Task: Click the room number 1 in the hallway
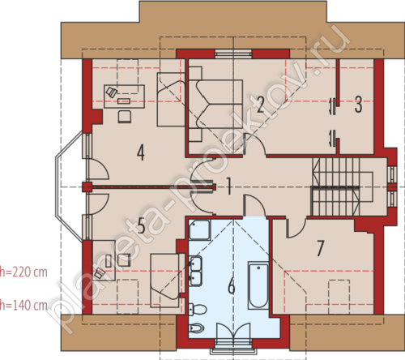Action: pyautogui.click(x=228, y=186)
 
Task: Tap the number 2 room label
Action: pyautogui.click(x=260, y=105)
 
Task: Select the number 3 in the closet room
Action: pyautogui.click(x=358, y=105)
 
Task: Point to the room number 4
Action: pyautogui.click(x=140, y=152)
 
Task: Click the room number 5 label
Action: pyautogui.click(x=141, y=225)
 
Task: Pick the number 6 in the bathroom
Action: pyautogui.click(x=232, y=285)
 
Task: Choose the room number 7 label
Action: pyautogui.click(x=320, y=248)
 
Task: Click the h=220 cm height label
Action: pyautogui.click(x=23, y=272)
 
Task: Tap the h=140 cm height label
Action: pyautogui.click(x=23, y=305)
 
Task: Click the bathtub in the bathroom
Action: pyautogui.click(x=258, y=285)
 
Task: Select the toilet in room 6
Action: pyautogui.click(x=198, y=309)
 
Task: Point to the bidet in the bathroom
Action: pyautogui.click(x=197, y=328)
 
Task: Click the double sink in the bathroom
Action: pyautogui.click(x=195, y=271)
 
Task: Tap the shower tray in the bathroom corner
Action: pyautogui.click(x=200, y=229)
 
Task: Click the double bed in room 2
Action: pyautogui.click(x=215, y=104)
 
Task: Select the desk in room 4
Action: pyautogui.click(x=124, y=96)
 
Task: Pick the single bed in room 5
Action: pyautogui.click(x=164, y=281)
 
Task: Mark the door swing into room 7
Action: pyautogui.click(x=296, y=228)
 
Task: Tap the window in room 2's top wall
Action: pyautogui.click(x=233, y=54)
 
